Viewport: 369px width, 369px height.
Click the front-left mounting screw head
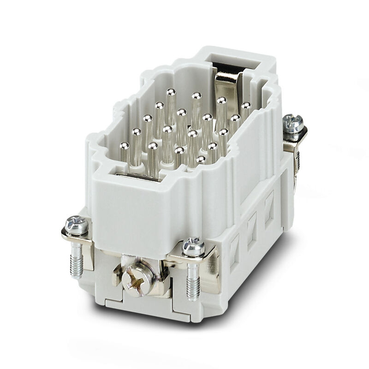tap(77, 225)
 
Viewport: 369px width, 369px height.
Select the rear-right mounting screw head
tap(293, 123)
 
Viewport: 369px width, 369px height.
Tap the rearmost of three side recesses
tap(268, 203)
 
